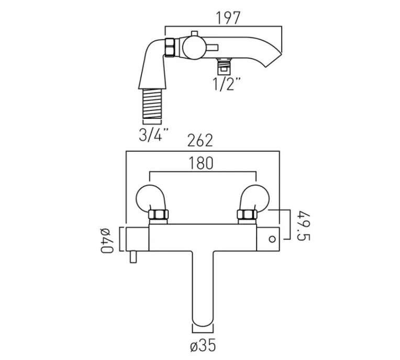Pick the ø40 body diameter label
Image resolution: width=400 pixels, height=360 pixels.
point(106,240)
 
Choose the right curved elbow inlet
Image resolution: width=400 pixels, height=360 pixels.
point(254,197)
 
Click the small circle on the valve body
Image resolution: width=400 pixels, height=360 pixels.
point(272,239)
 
